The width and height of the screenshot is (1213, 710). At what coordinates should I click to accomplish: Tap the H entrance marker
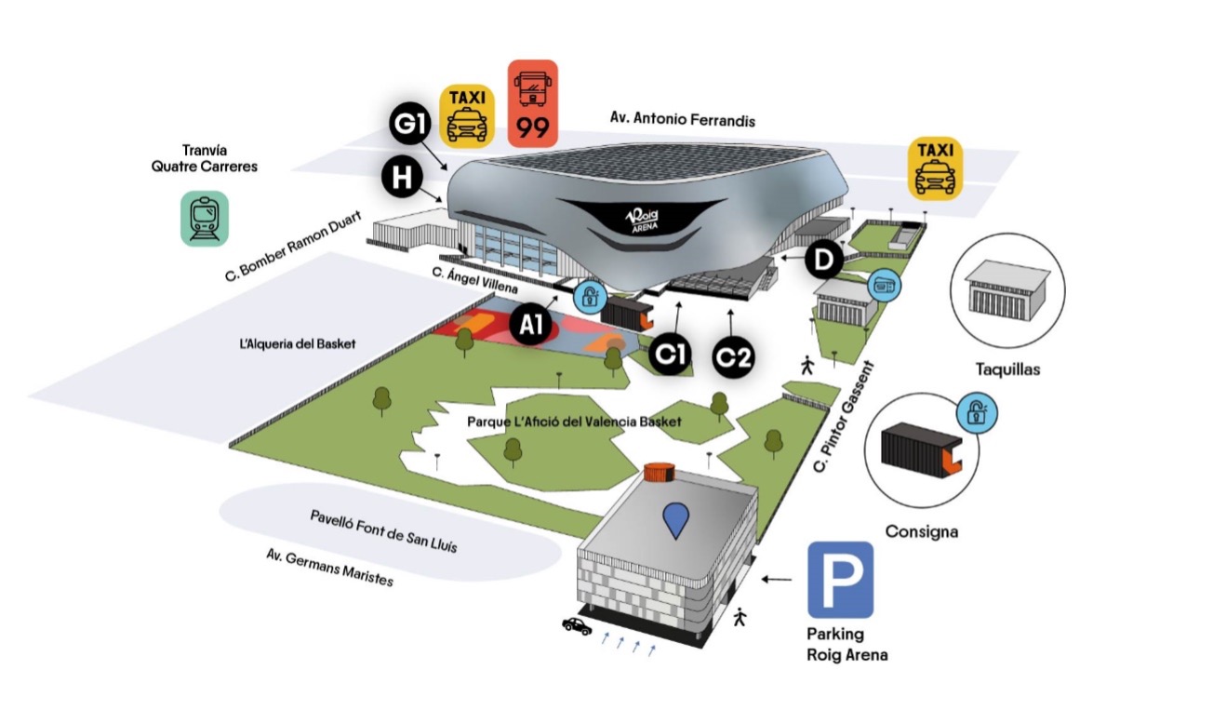(401, 177)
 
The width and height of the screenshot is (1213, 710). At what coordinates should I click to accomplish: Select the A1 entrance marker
(531, 325)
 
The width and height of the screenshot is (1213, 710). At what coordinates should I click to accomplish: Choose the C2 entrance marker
(733, 356)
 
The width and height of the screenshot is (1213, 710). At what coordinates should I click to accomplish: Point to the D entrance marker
(823, 261)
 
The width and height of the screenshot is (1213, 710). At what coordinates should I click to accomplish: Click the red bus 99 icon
(533, 103)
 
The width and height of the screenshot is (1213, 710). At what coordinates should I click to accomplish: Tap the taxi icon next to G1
(467, 114)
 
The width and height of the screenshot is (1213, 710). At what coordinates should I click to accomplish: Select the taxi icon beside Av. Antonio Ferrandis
(936, 168)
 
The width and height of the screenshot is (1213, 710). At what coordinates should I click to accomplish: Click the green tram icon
(204, 219)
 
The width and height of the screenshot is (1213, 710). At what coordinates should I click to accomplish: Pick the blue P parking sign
(840, 580)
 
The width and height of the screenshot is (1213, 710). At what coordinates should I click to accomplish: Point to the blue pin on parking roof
(676, 519)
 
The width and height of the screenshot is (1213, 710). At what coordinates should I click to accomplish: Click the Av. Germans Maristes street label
(329, 568)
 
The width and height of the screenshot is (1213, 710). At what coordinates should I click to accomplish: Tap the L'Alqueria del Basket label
(298, 344)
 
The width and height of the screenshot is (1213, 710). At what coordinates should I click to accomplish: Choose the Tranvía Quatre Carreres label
(204, 158)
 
